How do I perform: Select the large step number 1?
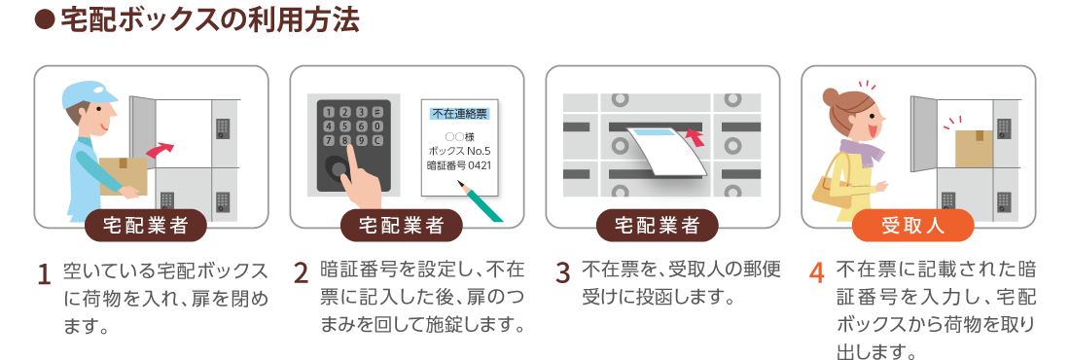45,274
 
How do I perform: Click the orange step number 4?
816,272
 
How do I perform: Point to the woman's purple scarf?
861,153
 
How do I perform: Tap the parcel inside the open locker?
974,148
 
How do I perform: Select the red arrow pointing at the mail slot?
695,139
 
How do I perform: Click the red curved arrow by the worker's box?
160,150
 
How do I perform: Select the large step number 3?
563,272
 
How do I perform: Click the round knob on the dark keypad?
335,167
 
